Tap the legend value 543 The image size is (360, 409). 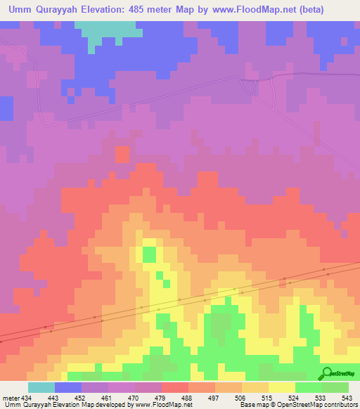347,397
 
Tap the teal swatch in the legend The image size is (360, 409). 41,387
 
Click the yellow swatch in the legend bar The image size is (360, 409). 281,387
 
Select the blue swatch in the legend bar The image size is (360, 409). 68,387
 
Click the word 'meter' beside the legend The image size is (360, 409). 11,397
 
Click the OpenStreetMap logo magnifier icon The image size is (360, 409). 326,373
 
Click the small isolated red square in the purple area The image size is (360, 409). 122,154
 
